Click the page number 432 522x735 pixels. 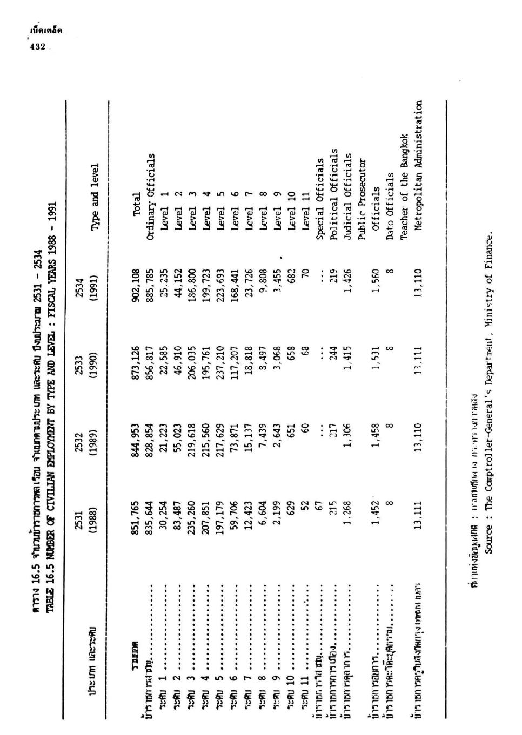pos(37,47)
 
